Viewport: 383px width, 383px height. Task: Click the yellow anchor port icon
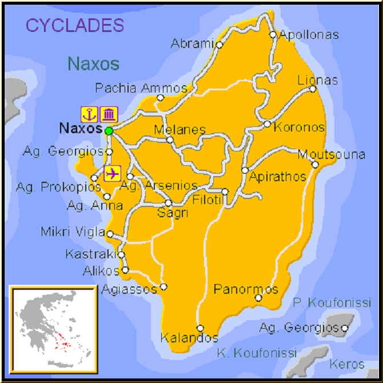(89, 114)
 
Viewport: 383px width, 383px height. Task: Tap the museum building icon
(109, 114)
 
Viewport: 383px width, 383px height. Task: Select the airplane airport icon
(113, 172)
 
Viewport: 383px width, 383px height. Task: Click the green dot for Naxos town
(109, 131)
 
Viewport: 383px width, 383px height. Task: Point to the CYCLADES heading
(74, 25)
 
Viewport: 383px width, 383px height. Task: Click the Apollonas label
(308, 34)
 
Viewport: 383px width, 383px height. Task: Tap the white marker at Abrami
(219, 44)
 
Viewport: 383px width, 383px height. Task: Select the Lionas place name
(317, 80)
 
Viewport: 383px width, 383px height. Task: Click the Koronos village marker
(267, 124)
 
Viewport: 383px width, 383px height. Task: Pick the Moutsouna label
(331, 154)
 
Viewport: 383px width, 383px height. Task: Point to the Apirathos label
(277, 177)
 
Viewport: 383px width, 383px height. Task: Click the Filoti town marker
(225, 192)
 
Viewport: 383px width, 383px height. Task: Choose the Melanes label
(179, 130)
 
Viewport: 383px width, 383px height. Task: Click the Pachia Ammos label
(141, 88)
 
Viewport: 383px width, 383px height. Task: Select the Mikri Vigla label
(73, 232)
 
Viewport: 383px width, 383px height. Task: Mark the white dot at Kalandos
(200, 328)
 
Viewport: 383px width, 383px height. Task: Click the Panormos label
(246, 289)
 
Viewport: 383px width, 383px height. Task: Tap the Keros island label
(346, 364)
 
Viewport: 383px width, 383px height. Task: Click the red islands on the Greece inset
(61, 344)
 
